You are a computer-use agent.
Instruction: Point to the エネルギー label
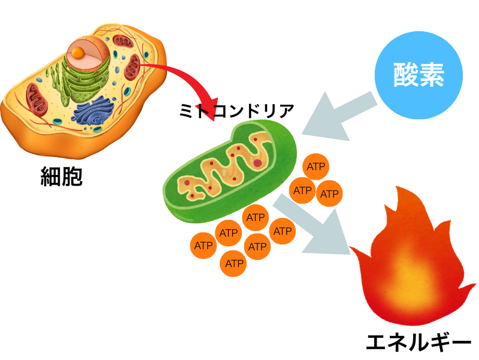[x=419, y=344]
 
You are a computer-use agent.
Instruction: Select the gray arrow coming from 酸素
[x=338, y=117]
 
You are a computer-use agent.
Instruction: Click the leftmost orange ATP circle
[x=204, y=246]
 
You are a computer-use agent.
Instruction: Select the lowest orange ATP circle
[x=234, y=263]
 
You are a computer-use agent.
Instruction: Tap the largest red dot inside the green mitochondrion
[x=257, y=162]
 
